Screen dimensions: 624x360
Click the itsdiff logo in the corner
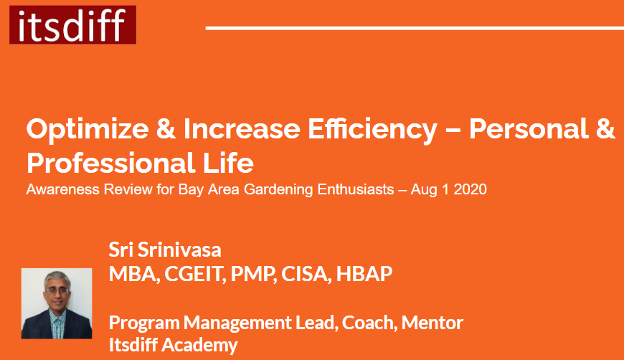click(x=73, y=24)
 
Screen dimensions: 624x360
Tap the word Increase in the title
click(x=242, y=129)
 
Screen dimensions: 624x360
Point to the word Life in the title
click(x=228, y=163)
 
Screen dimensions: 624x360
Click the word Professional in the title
click(x=110, y=163)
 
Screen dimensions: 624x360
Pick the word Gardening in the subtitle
click(x=278, y=190)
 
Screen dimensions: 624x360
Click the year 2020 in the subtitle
click(x=470, y=189)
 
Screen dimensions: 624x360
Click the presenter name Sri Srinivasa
click(x=165, y=250)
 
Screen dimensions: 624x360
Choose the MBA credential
click(x=134, y=274)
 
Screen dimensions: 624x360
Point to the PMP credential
click(x=253, y=274)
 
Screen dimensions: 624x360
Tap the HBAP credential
click(x=364, y=274)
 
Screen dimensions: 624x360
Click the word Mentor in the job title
click(x=432, y=322)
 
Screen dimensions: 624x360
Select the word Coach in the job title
click(x=369, y=322)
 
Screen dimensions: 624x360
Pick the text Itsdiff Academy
click(x=173, y=344)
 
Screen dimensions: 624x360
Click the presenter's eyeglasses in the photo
click(x=57, y=290)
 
